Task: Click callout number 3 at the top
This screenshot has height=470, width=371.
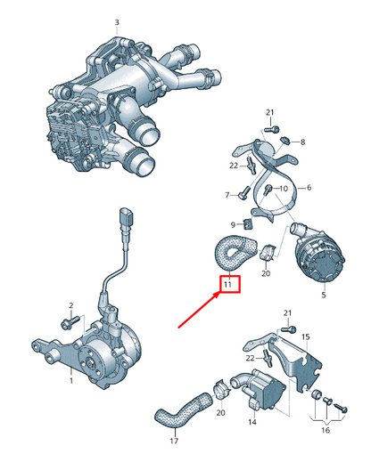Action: point(116,20)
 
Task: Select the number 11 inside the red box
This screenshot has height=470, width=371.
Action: point(227,285)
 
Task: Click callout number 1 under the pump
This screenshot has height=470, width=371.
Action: point(70,380)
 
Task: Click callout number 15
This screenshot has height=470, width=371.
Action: point(304,336)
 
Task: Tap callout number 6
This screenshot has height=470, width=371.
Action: point(308,189)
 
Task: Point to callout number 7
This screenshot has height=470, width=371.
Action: point(227,194)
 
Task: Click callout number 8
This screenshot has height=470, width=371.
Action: point(302,142)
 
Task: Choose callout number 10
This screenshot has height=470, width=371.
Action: point(284,189)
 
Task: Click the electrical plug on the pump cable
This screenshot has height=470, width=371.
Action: point(124,219)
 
